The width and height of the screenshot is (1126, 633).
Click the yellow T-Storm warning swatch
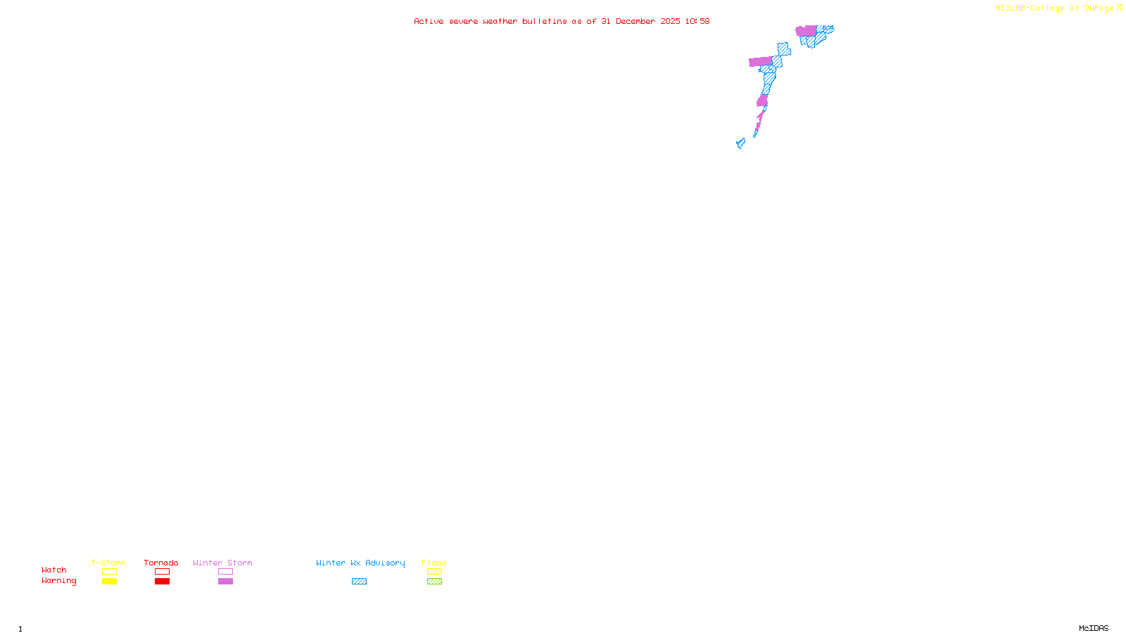coord(109,582)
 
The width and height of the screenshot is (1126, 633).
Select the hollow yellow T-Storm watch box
coord(109,572)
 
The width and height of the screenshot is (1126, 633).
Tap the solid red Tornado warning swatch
coord(162,582)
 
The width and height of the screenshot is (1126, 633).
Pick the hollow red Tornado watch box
coord(162,572)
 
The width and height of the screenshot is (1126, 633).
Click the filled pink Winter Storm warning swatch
coord(225,582)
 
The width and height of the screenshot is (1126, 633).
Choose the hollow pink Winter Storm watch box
coord(225,572)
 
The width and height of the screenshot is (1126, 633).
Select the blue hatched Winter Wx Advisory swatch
coord(359,582)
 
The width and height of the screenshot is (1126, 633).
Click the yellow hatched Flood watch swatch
coord(434,572)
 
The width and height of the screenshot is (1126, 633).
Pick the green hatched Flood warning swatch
coord(434,582)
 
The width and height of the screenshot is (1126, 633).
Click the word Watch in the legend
coord(54,570)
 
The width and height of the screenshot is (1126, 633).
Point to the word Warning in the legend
coord(58,581)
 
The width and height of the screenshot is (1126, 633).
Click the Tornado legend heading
coord(161,563)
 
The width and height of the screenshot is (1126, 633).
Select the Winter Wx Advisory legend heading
coord(360,563)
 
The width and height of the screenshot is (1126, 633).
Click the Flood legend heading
coord(434,563)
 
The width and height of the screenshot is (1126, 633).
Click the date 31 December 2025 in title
coord(640,22)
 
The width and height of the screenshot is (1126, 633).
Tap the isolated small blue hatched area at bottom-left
coord(740,143)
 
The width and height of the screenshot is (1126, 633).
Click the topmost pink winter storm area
coord(806,31)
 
